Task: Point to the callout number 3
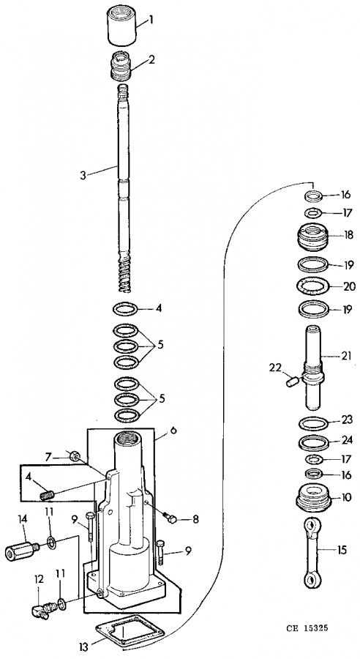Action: pyautogui.click(x=83, y=175)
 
